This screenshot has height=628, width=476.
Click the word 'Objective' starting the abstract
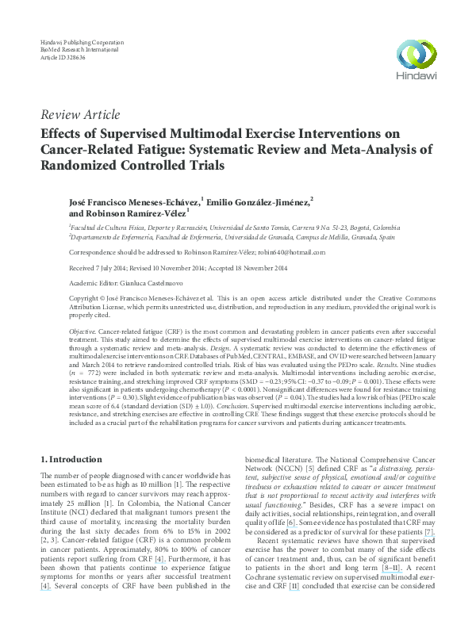[83, 327]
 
